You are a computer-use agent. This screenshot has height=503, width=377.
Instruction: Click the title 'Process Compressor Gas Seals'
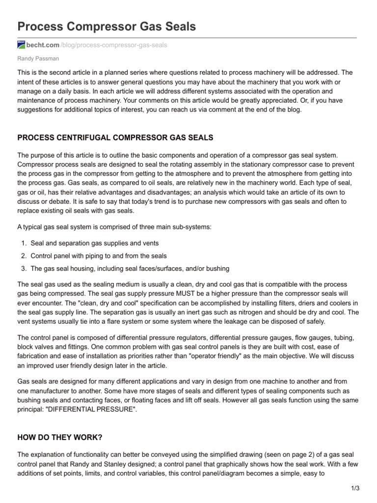[107, 27]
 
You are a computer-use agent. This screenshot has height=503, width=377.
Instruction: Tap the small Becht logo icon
[21, 45]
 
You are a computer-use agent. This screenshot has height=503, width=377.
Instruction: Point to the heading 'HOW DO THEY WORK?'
[60, 437]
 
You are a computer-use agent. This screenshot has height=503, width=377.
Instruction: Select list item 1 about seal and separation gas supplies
[94, 243]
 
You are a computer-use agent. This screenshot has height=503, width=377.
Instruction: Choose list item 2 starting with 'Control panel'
[98, 256]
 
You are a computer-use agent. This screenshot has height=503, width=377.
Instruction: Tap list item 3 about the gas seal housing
[130, 269]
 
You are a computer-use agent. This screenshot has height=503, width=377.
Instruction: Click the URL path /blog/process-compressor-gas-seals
[113, 45]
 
